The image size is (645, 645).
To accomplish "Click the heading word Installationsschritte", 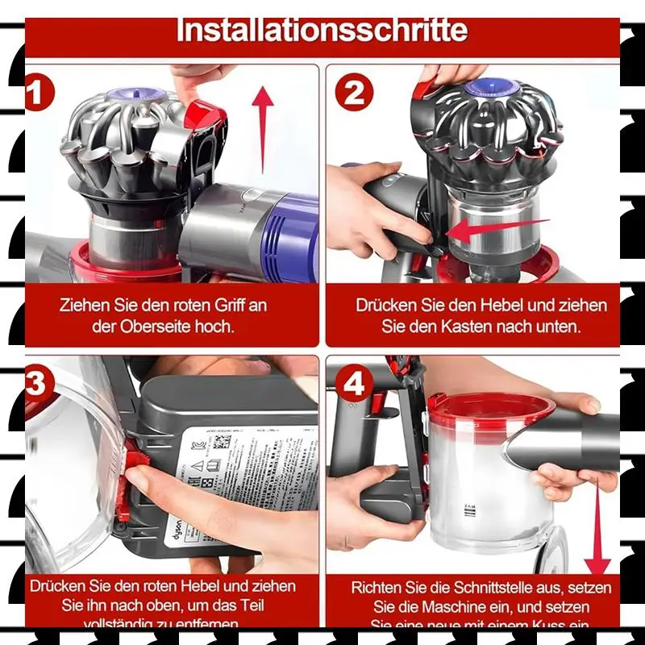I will (x=322, y=31).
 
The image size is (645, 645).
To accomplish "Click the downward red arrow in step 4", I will (x=597, y=524).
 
